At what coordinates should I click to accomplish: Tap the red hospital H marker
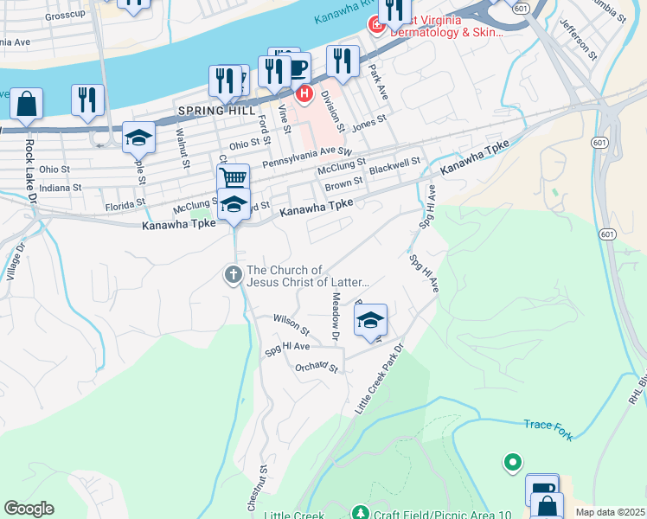pyautogui.click(x=304, y=93)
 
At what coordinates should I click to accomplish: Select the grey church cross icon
pyautogui.click(x=233, y=276)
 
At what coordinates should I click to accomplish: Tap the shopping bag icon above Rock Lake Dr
pyautogui.click(x=27, y=104)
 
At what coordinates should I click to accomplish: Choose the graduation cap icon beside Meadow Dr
pyautogui.click(x=370, y=321)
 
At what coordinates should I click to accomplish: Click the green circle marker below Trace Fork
pyautogui.click(x=512, y=463)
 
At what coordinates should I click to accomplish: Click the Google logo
pyautogui.click(x=29, y=509)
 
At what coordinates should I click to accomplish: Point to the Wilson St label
pyautogui.click(x=291, y=324)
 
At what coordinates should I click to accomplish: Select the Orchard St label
pyautogui.click(x=315, y=367)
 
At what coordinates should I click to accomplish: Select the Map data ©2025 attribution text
pyautogui.click(x=610, y=512)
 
